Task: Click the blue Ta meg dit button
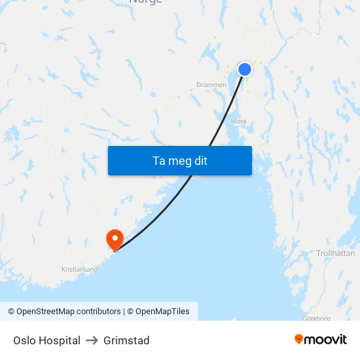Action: click(x=179, y=160)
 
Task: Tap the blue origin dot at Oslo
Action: click(x=244, y=69)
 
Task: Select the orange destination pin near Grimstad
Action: click(x=115, y=238)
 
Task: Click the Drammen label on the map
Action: click(x=211, y=84)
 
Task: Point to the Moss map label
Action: click(x=238, y=121)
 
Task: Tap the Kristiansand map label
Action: click(x=79, y=269)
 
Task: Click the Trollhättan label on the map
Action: click(x=335, y=253)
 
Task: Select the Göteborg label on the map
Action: click(x=317, y=318)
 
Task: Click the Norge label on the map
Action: click(x=145, y=2)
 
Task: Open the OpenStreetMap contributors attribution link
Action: click(x=64, y=312)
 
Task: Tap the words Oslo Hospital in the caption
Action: click(x=46, y=340)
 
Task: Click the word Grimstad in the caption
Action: click(x=126, y=340)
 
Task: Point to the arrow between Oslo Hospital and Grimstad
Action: click(x=92, y=340)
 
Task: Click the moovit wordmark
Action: click(x=326, y=339)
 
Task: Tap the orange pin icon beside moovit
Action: click(x=299, y=339)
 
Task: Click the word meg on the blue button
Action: click(x=179, y=160)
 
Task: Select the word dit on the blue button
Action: click(x=200, y=160)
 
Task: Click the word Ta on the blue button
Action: click(x=158, y=160)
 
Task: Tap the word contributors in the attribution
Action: click(x=99, y=312)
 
